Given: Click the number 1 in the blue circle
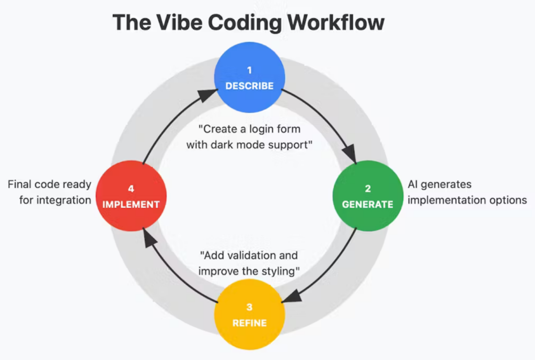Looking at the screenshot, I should click(249, 69).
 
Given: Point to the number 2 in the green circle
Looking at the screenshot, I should click(367, 188).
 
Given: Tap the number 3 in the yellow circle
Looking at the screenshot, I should click(249, 307).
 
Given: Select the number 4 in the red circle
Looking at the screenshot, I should click(131, 188).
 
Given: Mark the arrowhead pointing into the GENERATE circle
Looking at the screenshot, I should click(350, 155).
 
